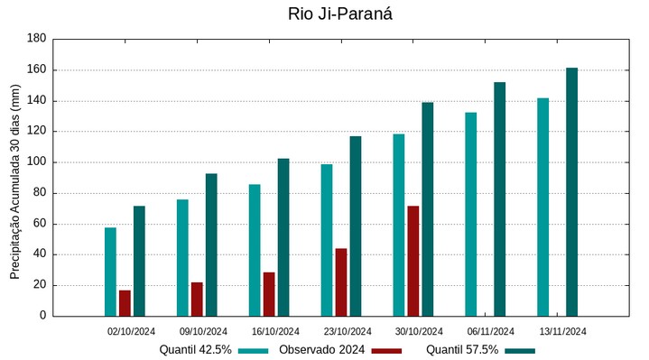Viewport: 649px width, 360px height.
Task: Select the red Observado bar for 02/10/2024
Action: point(125,303)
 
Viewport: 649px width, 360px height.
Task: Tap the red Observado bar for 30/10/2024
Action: point(413,261)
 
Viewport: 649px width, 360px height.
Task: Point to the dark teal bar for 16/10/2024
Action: point(283,237)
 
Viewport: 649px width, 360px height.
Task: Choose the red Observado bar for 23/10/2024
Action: point(341,282)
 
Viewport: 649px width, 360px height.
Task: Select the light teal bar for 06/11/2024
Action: point(470,214)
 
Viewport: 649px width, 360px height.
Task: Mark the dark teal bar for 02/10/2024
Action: point(139,261)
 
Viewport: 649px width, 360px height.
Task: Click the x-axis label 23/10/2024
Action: point(348,331)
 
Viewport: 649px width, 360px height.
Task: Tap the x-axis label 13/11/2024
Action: point(562,331)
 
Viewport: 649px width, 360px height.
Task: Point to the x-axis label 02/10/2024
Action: point(132,331)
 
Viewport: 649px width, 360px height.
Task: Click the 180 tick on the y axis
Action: point(36,39)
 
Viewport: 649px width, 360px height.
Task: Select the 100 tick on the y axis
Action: point(36,162)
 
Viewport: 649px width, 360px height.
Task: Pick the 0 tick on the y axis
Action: point(42,316)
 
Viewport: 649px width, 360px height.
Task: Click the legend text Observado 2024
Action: point(321,350)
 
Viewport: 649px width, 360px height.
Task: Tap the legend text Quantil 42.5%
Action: point(195,350)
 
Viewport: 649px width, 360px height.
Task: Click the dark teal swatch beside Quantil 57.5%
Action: point(520,350)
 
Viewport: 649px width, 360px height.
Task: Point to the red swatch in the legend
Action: point(386,350)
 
